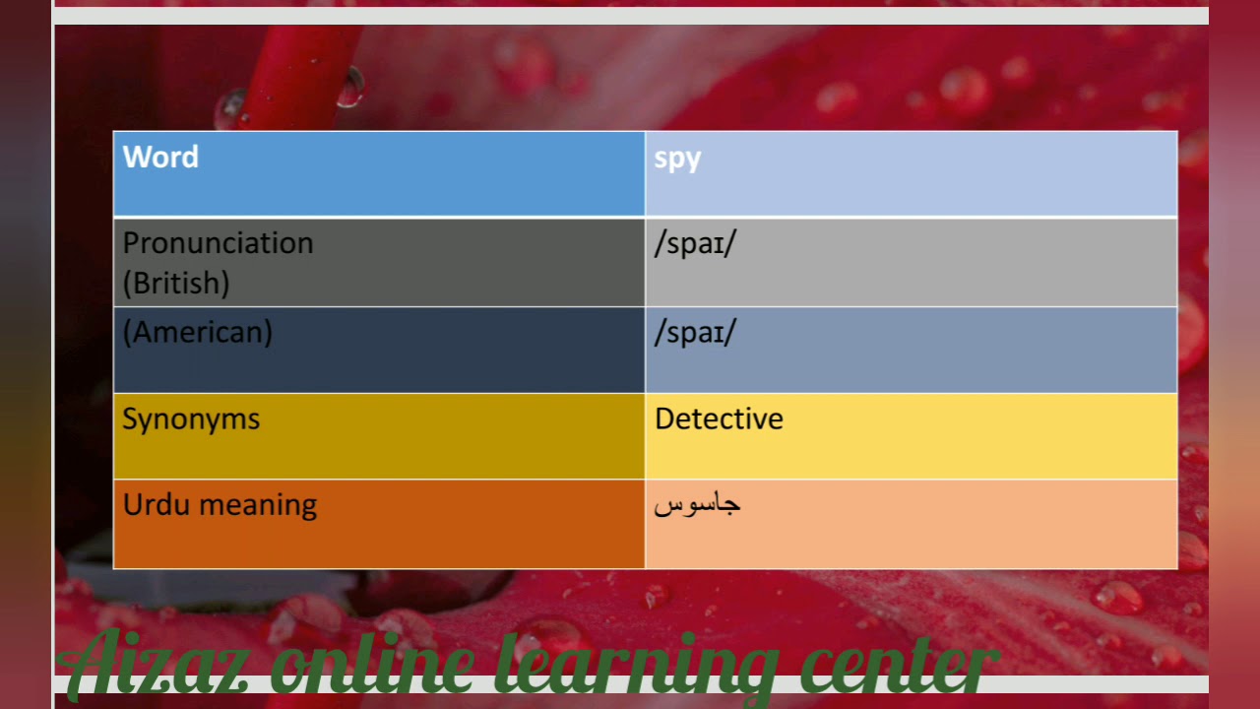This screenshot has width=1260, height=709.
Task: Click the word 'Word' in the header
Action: point(160,158)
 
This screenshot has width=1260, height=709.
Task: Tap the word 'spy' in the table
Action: point(677,160)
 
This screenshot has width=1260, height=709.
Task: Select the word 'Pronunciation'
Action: point(218,243)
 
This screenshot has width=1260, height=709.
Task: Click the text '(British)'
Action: point(176,284)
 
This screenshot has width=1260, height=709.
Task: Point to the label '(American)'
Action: point(197,332)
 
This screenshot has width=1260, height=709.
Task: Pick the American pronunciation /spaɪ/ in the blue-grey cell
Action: point(694,333)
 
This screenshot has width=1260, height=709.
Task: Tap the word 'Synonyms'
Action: point(191,419)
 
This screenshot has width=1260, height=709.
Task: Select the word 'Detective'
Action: point(719,419)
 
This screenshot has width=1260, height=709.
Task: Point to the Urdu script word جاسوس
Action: point(697,505)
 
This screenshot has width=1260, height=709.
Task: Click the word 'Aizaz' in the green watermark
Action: point(157,665)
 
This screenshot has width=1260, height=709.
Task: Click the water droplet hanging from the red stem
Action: point(349,89)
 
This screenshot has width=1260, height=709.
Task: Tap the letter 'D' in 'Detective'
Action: point(663,419)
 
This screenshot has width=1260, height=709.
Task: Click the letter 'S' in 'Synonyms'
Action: point(130,419)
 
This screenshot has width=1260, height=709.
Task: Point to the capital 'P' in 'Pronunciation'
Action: point(131,243)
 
